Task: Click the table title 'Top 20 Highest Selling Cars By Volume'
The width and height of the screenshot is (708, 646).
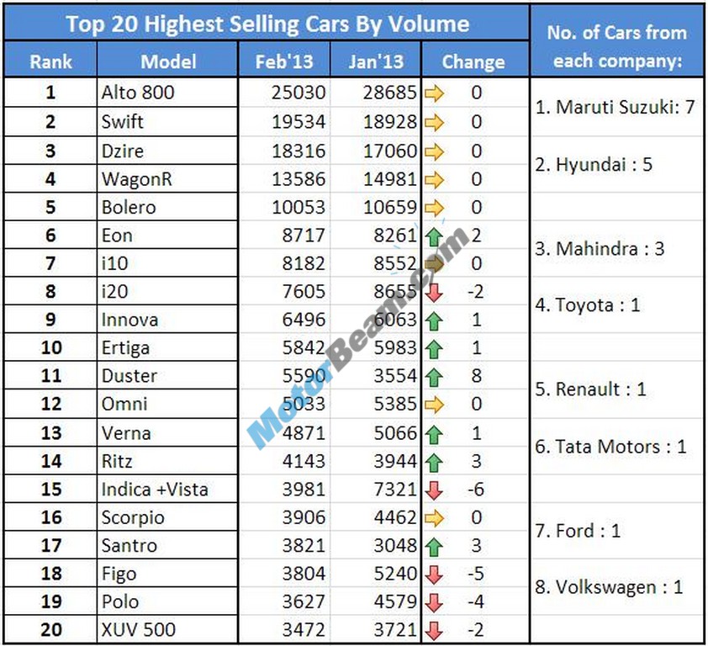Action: pos(267,23)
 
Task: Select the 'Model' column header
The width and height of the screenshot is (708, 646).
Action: pos(168,61)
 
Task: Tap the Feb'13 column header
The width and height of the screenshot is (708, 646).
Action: pos(284,61)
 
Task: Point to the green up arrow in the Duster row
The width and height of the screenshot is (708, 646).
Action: pos(434,376)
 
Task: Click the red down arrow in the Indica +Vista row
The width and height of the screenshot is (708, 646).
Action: pos(434,490)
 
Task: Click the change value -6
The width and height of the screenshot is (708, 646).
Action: pos(476,490)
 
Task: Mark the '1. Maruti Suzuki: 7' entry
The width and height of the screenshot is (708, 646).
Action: pos(616,107)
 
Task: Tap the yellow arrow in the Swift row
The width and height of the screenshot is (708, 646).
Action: pos(434,121)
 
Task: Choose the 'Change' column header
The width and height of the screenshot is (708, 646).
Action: pos(473,61)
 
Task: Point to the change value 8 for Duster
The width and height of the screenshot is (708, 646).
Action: pos(477,376)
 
